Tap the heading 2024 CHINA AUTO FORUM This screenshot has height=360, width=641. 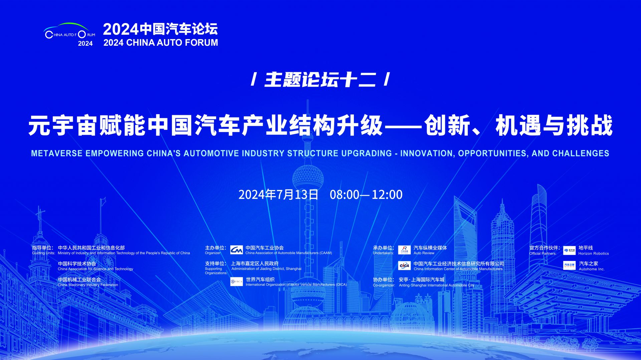[161, 43]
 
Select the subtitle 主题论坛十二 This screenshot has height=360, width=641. [320, 80]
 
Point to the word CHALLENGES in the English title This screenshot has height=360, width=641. [581, 153]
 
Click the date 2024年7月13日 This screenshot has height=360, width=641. [278, 195]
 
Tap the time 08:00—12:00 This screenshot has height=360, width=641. [366, 195]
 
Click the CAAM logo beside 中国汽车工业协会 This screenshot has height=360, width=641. [237, 250]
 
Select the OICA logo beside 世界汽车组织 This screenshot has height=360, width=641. [237, 282]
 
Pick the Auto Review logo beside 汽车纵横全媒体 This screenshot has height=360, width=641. [404, 250]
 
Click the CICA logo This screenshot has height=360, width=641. [404, 266]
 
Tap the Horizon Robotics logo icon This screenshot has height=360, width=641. [569, 250]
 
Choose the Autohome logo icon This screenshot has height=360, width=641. [569, 266]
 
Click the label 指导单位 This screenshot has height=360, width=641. [42, 248]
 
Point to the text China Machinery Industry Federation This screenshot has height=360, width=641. [88, 285]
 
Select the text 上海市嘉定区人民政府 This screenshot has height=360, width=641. [255, 264]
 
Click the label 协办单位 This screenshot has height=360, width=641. [383, 280]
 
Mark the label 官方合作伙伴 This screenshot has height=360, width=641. [545, 248]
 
